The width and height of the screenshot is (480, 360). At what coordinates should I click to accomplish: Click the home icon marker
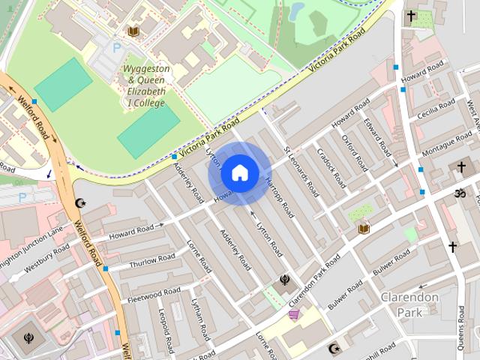[x=239, y=173]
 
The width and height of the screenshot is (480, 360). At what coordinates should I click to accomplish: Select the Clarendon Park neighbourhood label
[x=409, y=304]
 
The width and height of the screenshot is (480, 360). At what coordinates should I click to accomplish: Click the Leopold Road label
[x=166, y=329]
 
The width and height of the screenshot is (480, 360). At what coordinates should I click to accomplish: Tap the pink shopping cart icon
[x=293, y=315]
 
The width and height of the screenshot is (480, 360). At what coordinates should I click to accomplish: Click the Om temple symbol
[x=460, y=193]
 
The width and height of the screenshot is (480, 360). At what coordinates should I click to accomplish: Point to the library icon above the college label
[x=133, y=31]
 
